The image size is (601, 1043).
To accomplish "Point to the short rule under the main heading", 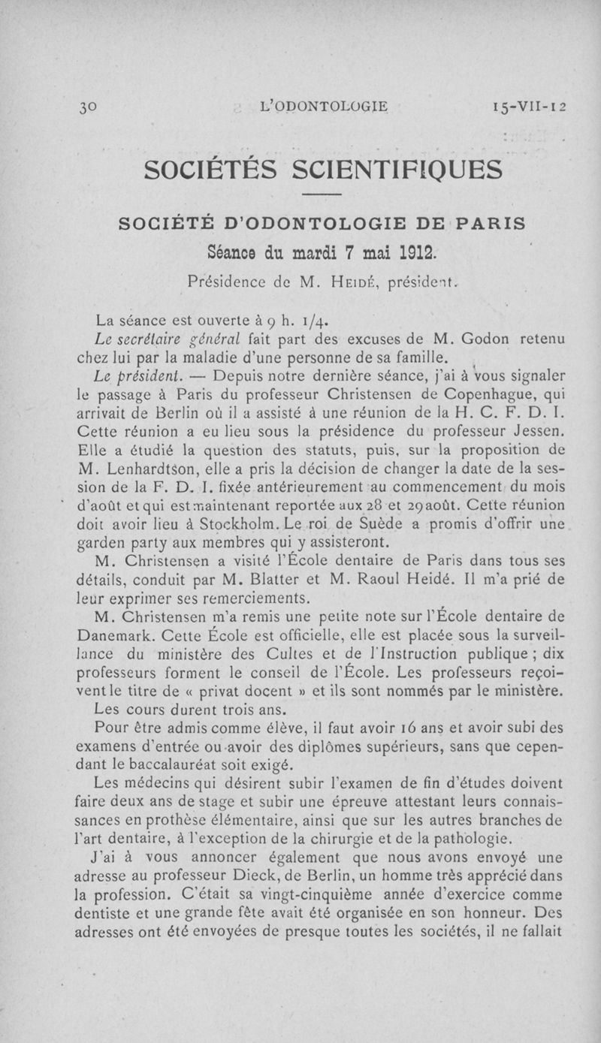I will pyautogui.click(x=322, y=197).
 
